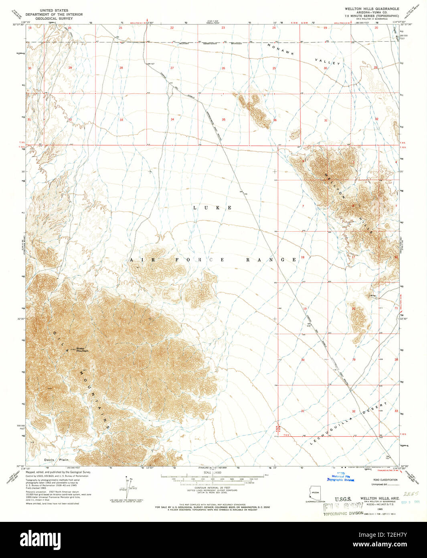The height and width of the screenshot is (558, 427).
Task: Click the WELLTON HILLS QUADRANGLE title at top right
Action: click(x=372, y=8)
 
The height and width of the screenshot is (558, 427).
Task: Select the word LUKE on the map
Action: click(x=212, y=208)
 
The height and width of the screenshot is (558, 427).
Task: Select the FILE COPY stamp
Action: click(x=343, y=507)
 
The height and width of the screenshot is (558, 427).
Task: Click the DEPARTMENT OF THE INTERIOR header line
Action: click(x=54, y=14)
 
